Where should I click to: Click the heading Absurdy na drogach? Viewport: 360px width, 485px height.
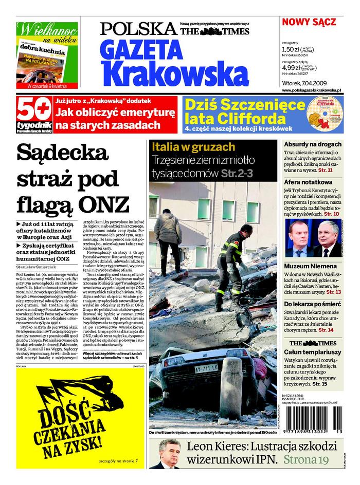pyautogui.click(x=313, y=145)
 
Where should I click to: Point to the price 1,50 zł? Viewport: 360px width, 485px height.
pyautogui.click(x=292, y=50)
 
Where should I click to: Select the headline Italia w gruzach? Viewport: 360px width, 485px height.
pyautogui.click(x=193, y=147)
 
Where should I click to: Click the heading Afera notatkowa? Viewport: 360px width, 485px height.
pyautogui.click(x=308, y=182)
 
